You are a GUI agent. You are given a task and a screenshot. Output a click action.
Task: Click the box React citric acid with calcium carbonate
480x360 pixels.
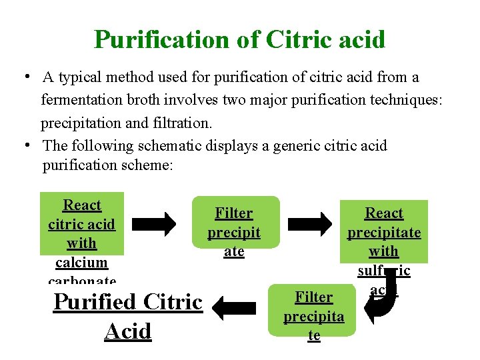point(82,233)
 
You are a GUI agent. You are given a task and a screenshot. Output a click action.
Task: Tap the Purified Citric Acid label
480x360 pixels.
point(128,316)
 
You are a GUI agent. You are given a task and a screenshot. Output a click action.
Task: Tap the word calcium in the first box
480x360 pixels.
point(82,263)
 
